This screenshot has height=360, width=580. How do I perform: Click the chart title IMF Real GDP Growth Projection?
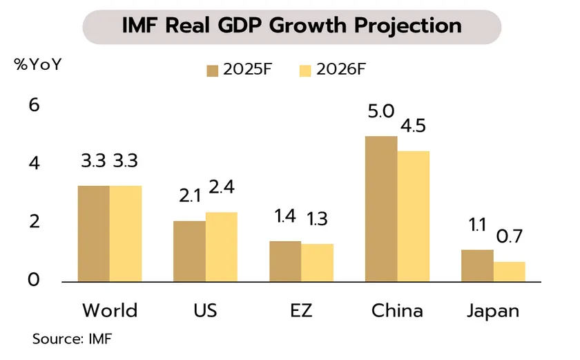pyautogui.click(x=291, y=26)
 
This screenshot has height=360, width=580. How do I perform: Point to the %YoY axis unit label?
pyautogui.click(x=38, y=66)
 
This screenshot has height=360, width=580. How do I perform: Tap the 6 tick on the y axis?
pyautogui.click(x=34, y=106)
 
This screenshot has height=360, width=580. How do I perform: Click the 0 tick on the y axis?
pyautogui.click(x=34, y=281)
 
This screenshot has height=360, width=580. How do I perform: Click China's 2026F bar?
pyautogui.click(x=413, y=216)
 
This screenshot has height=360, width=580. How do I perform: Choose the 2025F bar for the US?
pyautogui.click(x=189, y=251)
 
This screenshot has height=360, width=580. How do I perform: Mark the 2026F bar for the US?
pyautogui.click(x=221, y=247)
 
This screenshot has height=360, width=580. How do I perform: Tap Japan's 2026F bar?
pyautogui.click(x=509, y=272)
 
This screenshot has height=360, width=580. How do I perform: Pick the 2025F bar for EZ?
pyautogui.click(x=285, y=261)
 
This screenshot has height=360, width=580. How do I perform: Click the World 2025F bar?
pyautogui.click(x=93, y=234)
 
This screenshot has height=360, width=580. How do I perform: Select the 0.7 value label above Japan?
pyautogui.click(x=509, y=236)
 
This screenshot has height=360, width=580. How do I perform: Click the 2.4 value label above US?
pyautogui.click(x=222, y=187)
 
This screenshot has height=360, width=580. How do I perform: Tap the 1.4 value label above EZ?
pyautogui.click(x=284, y=216)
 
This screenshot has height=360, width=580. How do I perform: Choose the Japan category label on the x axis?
pyautogui.click(x=493, y=310)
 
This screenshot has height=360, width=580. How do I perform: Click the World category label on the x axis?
pyautogui.click(x=110, y=310)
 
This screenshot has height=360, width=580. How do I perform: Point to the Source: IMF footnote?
pyautogui.click(x=72, y=339)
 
